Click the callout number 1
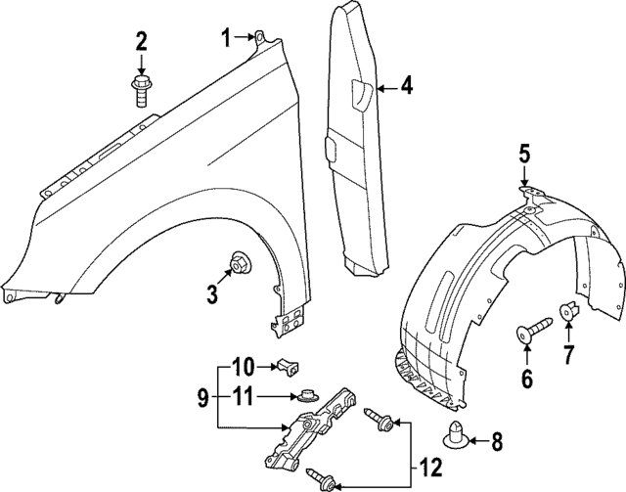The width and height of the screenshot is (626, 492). click(225, 38)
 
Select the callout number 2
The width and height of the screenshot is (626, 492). click(142, 41)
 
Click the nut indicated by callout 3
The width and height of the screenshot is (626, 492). click(238, 262)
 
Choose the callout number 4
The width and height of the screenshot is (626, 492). click(406, 87)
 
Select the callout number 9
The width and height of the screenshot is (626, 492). click(202, 397)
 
